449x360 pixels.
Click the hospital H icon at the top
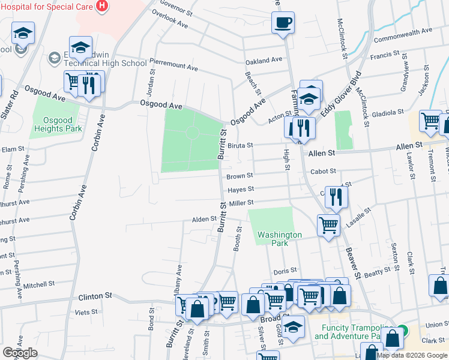pos(102,5)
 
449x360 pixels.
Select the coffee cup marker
pos(283,23)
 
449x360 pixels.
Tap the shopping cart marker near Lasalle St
pos(328,225)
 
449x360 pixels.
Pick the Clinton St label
pos(95,296)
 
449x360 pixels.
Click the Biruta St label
pos(240,145)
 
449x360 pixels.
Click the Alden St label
pos(203,219)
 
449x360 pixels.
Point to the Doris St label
pos(285,271)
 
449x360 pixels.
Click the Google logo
pos(20,353)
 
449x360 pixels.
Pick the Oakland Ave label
pos(264,61)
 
